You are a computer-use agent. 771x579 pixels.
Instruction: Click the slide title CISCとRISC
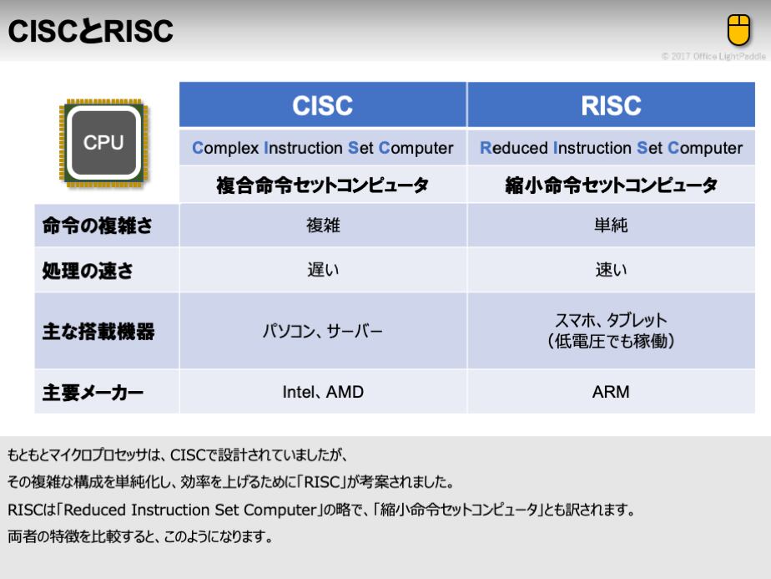pyautogui.click(x=90, y=31)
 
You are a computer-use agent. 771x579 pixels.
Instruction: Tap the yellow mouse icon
pyautogui.click(x=738, y=29)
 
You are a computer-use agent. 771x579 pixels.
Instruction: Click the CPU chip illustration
pyautogui.click(x=103, y=143)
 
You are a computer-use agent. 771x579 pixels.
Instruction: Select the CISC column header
pyautogui.click(x=323, y=105)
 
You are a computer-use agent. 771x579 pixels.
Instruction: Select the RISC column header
pyautogui.click(x=611, y=105)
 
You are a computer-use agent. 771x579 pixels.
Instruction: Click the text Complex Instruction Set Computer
pyautogui.click(x=323, y=148)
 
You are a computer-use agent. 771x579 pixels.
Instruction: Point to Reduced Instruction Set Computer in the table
pyautogui.click(x=611, y=148)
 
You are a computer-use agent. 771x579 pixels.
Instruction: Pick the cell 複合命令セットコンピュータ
pyautogui.click(x=323, y=185)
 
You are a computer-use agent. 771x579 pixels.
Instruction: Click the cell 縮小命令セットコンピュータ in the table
pyautogui.click(x=611, y=185)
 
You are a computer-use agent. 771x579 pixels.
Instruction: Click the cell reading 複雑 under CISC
pyautogui.click(x=323, y=225)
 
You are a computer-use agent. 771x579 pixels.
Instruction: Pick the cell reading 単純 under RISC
pyautogui.click(x=611, y=225)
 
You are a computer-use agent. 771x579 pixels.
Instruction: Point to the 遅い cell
pyautogui.click(x=323, y=270)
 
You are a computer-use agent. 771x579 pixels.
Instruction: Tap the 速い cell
pyautogui.click(x=611, y=270)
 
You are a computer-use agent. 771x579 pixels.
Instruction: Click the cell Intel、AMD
pyautogui.click(x=323, y=392)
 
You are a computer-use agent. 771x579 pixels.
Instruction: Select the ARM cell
pyautogui.click(x=611, y=392)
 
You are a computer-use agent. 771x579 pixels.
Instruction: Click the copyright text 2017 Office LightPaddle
pyautogui.click(x=713, y=56)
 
